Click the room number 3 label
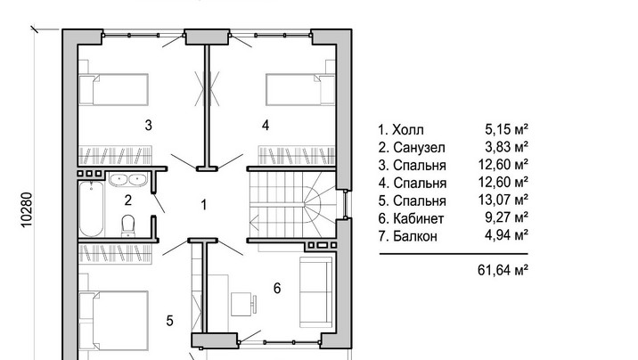click(x=149, y=126)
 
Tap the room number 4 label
click(x=266, y=126)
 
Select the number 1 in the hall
click(x=204, y=205)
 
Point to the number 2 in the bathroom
click(x=128, y=200)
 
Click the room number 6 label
click(x=277, y=289)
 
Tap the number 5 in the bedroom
click(x=169, y=321)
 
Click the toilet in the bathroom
click(x=128, y=225)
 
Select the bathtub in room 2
click(x=92, y=209)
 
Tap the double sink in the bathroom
click(x=127, y=179)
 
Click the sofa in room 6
click(x=316, y=292)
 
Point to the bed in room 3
click(x=113, y=89)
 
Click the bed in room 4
click(x=300, y=89)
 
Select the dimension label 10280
click(x=26, y=209)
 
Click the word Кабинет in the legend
click(x=418, y=218)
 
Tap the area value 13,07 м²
click(x=503, y=200)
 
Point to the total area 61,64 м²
click(x=503, y=270)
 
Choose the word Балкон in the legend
click(x=415, y=236)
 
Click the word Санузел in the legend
click(x=419, y=148)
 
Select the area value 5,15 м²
click(x=507, y=130)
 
